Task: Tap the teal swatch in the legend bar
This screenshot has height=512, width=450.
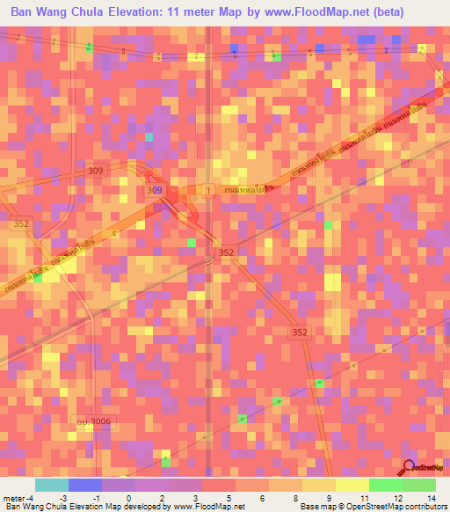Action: click(52, 485)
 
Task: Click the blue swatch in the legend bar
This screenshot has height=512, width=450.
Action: click(85, 485)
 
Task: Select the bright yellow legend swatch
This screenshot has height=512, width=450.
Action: click(352, 485)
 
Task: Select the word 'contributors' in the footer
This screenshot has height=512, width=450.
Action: click(424, 507)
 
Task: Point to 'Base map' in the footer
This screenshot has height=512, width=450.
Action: click(315, 507)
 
